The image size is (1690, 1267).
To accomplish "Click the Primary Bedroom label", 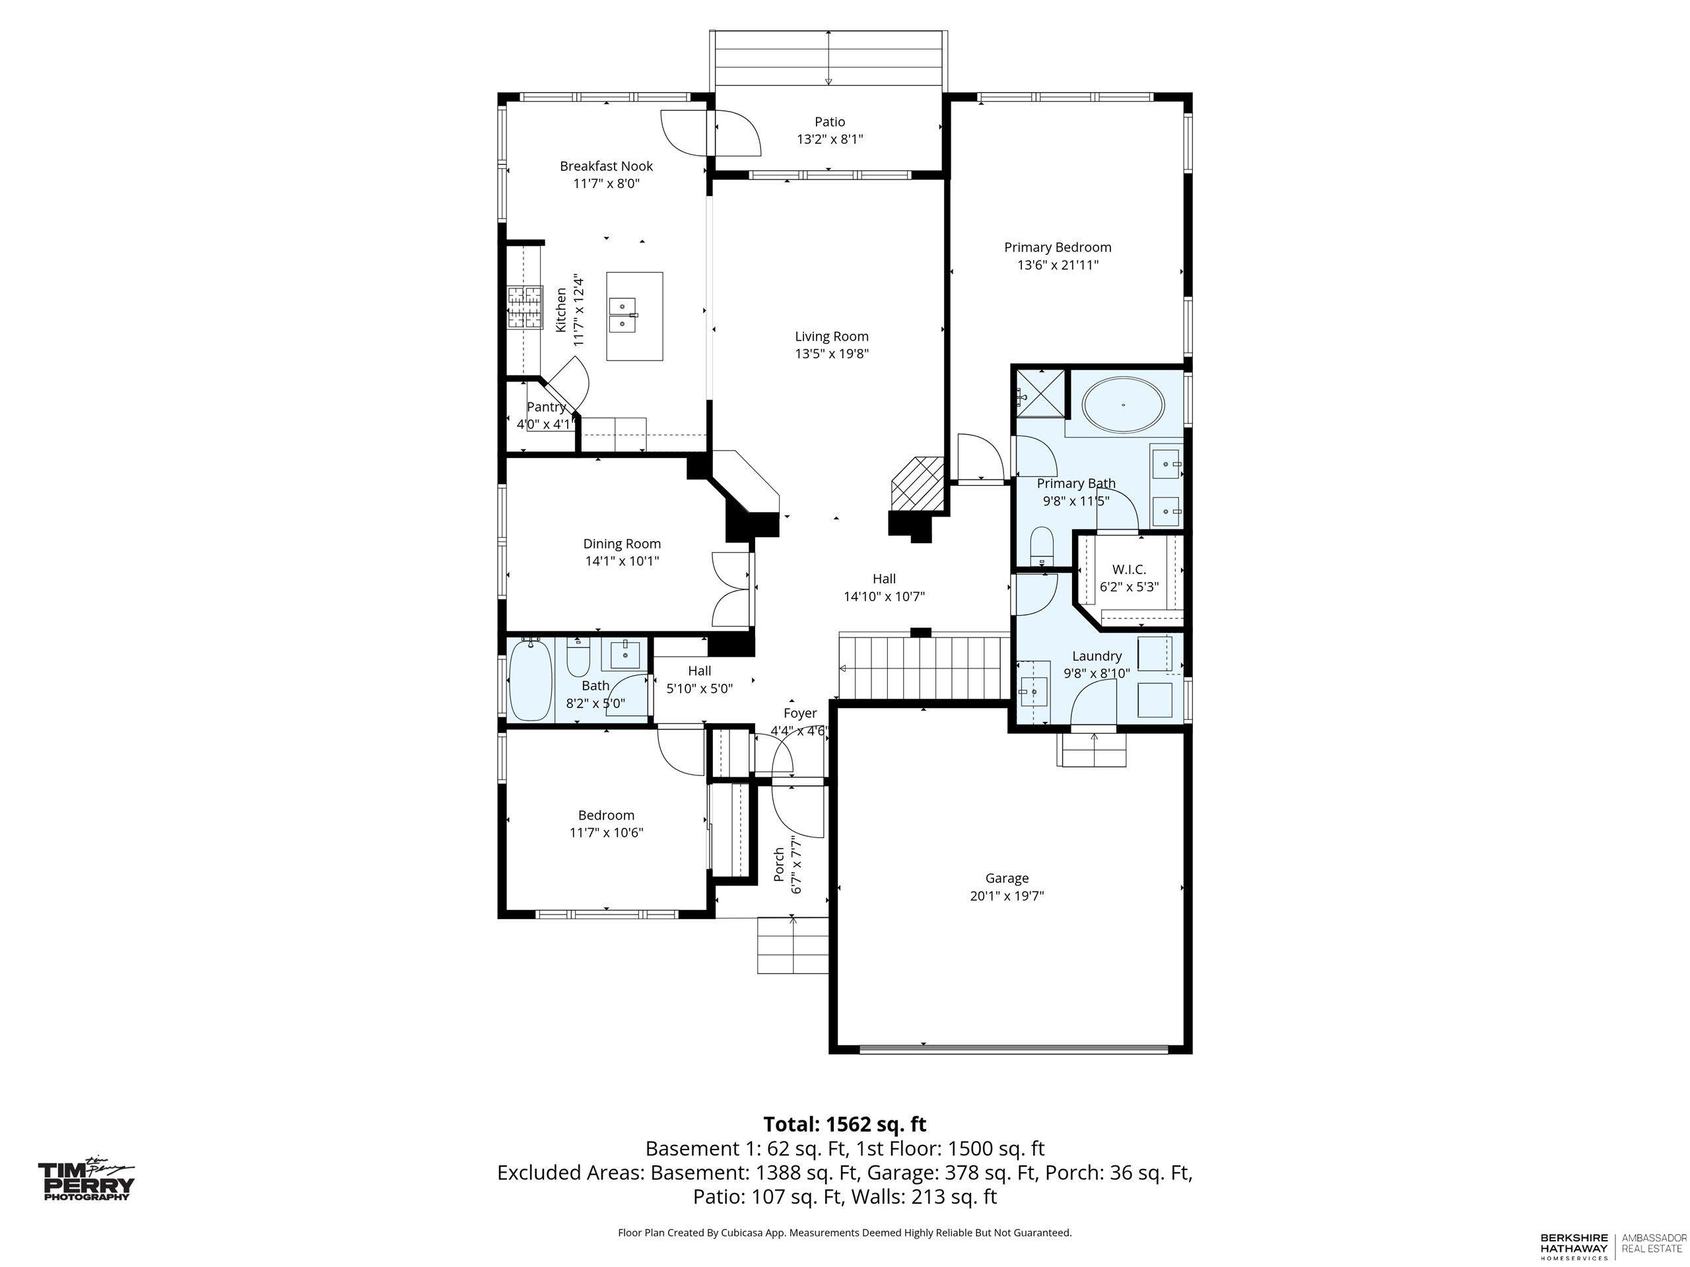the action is pos(1058,247).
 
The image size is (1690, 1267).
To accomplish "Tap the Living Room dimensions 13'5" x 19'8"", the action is pos(832,354).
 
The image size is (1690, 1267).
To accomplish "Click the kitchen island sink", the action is pos(626,315).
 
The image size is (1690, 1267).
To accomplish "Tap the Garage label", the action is pos(1007,878).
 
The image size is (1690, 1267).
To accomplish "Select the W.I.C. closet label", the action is pos(1128,569).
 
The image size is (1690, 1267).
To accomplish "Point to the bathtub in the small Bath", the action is pos(531,680).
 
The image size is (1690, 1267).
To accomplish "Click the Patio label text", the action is pos(830,121).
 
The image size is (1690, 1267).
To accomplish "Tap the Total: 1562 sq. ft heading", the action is pos(844,1124).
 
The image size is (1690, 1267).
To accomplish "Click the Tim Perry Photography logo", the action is pos(86,1179).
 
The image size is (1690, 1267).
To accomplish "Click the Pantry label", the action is pos(546,407).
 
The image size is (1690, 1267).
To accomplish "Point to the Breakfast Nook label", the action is pos(607,166).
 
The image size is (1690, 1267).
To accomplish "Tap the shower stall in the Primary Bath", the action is pos(1040,395).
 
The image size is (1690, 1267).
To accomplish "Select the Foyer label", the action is pos(800,713).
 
